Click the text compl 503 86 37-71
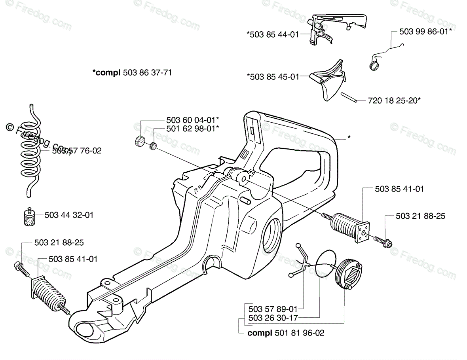132,72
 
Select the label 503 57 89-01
273,308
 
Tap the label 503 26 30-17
273,318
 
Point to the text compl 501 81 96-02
286,333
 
